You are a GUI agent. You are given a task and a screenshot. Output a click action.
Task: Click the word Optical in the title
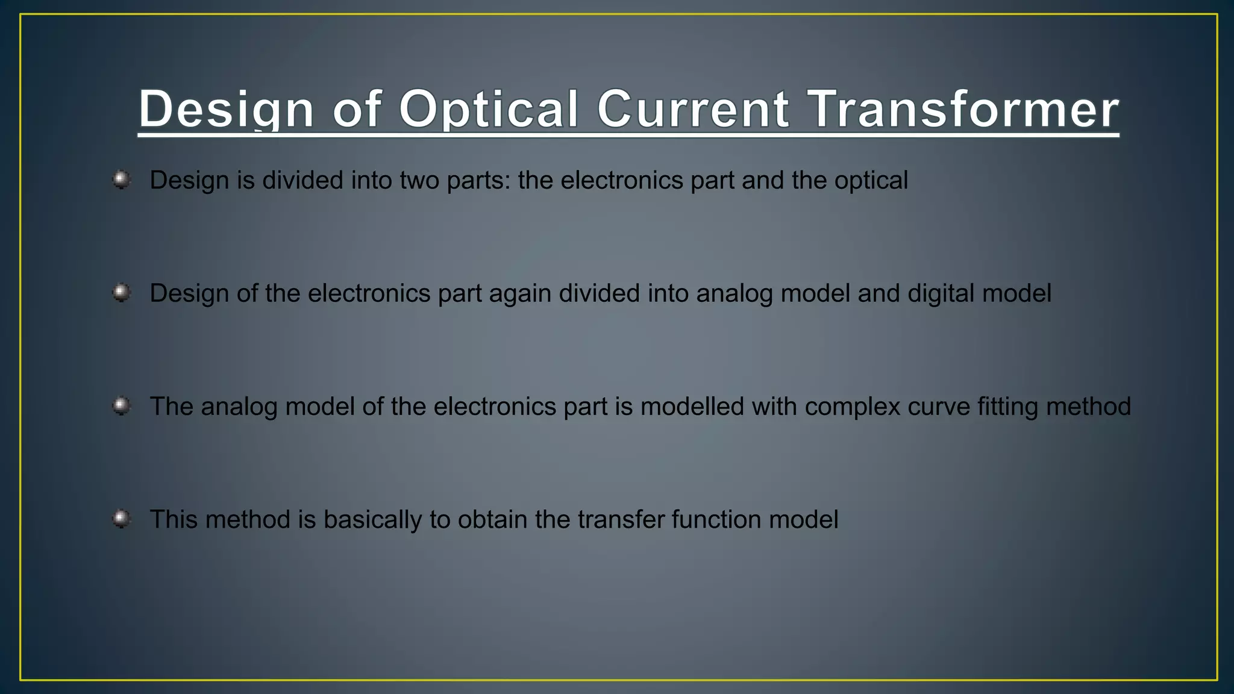(488, 110)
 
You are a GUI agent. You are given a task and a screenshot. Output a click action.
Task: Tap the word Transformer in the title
(962, 110)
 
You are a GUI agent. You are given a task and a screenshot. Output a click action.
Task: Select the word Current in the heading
(693, 110)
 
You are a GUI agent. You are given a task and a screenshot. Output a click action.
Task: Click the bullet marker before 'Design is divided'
(122, 180)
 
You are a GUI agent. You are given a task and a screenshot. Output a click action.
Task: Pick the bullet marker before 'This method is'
(122, 519)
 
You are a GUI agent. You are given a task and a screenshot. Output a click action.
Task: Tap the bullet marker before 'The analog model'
(122, 406)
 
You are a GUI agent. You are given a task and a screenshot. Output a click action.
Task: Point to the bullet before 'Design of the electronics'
(122, 293)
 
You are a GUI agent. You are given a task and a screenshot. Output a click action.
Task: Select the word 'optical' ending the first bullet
(871, 181)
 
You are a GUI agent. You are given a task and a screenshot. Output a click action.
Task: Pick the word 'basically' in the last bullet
(372, 520)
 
